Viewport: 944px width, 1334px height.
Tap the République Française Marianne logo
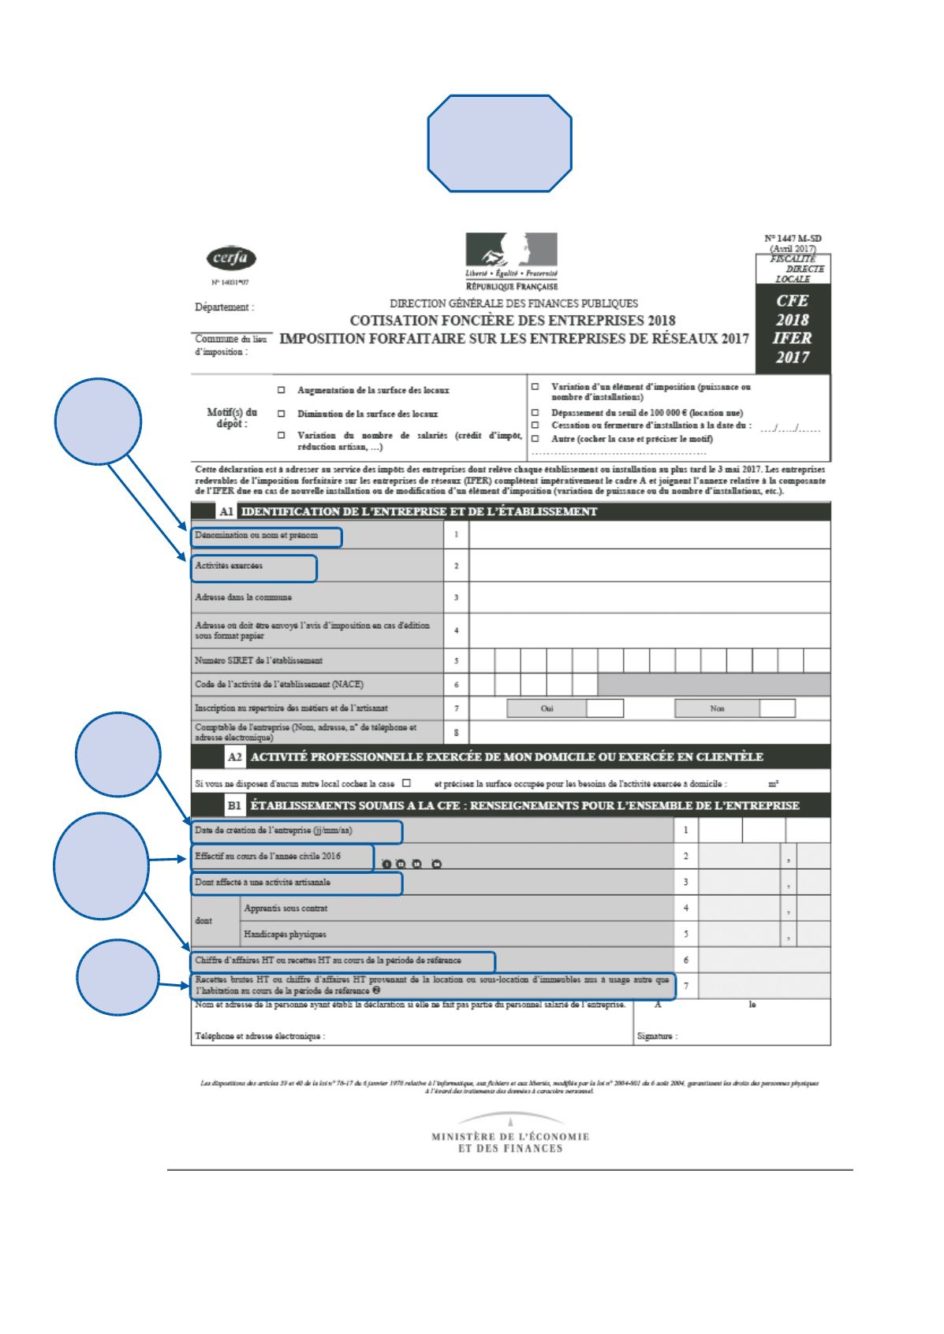click(x=511, y=255)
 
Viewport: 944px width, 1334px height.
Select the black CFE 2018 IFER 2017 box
click(x=792, y=330)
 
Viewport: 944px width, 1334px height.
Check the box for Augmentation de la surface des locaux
click(x=281, y=390)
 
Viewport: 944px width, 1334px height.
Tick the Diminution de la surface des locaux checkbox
click(x=281, y=414)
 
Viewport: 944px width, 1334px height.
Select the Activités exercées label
click(x=229, y=566)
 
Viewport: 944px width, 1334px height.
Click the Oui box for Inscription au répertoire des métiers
click(x=605, y=708)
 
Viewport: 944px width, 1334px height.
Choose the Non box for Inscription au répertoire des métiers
click(x=777, y=708)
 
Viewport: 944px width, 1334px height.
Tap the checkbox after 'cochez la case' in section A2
click(x=406, y=783)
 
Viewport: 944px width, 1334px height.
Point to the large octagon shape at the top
click(x=500, y=143)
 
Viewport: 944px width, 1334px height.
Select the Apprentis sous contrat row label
click(x=285, y=908)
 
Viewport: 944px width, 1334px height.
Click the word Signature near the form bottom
click(x=657, y=1036)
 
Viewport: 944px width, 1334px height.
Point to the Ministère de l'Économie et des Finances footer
click(x=511, y=1142)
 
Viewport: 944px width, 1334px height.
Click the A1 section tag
click(x=226, y=511)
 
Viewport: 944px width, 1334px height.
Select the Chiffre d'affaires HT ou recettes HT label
click(x=328, y=961)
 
